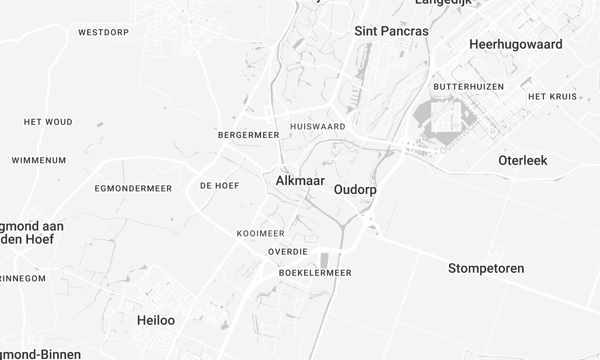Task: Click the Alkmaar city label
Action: pos(299,181)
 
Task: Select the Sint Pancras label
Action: pos(391,31)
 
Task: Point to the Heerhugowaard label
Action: pos(516,45)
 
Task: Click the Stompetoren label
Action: pos(486,268)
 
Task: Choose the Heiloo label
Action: pos(156,320)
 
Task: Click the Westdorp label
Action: pos(103,33)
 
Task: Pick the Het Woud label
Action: pos(48,122)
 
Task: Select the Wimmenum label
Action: pos(39,160)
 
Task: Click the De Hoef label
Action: pos(219,186)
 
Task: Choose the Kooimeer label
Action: pos(261,233)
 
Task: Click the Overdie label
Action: pos(288,252)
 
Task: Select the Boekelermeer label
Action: pos(314,272)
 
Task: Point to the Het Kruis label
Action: pos(553,97)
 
